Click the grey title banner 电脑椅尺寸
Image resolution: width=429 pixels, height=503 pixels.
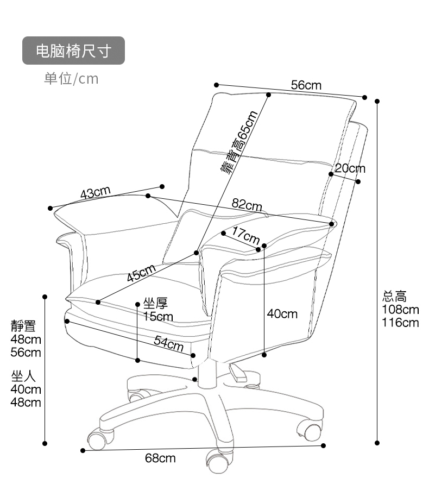pos(73,51)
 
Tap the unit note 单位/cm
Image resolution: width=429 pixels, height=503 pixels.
pos(71,79)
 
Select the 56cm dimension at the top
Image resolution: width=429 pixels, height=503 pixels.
pos(306,85)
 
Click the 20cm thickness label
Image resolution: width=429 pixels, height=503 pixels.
pos(350,168)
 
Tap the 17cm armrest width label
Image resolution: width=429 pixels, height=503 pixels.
pos(246,236)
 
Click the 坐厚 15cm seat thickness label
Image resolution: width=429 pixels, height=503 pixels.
pos(158,310)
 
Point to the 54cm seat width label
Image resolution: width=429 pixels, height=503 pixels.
pos(168,342)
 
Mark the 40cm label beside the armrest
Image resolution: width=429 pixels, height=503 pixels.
pos(282,313)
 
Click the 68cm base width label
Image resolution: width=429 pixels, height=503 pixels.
pos(160,458)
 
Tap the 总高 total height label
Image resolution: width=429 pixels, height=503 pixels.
pos(394,297)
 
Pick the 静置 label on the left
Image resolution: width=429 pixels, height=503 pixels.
pos(23,326)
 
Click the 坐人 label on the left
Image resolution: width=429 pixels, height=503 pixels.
pos(23,376)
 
